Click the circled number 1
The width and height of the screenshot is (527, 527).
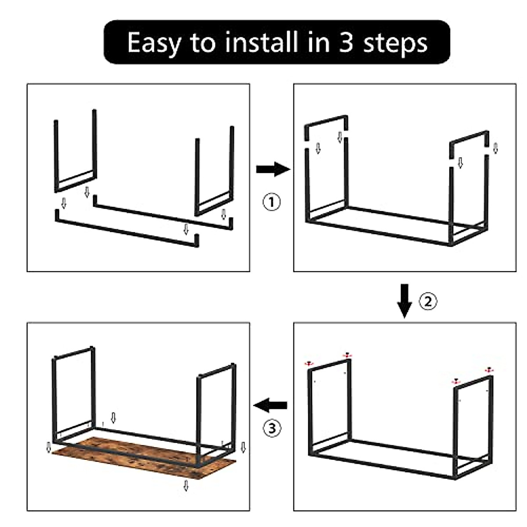click(x=271, y=202)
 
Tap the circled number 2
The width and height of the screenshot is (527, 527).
click(x=429, y=301)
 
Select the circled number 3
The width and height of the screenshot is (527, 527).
click(x=272, y=427)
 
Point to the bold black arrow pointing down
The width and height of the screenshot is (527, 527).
click(x=404, y=301)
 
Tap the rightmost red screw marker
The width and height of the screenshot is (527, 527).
click(x=488, y=370)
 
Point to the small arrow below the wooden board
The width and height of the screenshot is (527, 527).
click(x=186, y=485)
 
